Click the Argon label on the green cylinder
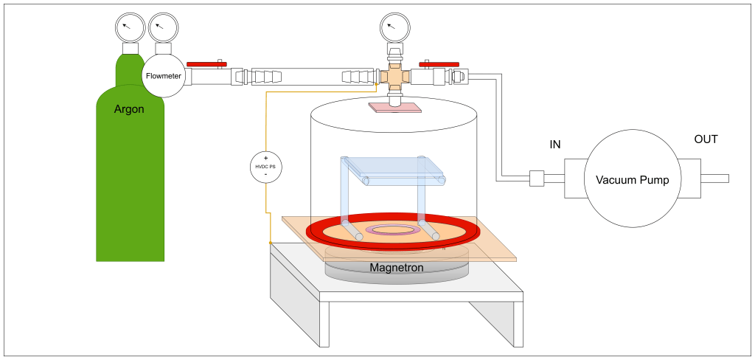click(x=129, y=109)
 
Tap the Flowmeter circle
click(x=163, y=76)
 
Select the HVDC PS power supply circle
click(x=265, y=167)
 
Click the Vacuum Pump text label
click(x=632, y=180)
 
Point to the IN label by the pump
click(x=555, y=144)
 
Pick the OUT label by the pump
click(x=706, y=139)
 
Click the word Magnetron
click(x=397, y=267)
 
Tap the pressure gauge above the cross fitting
click(x=395, y=27)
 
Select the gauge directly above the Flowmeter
click(x=163, y=27)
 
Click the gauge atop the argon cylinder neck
click(x=130, y=27)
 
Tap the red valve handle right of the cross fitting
click(x=439, y=64)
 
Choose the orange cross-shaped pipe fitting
click(x=395, y=77)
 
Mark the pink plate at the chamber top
click(x=395, y=108)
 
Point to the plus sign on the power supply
click(x=265, y=158)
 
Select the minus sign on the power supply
click(x=265, y=174)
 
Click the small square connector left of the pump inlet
click(x=537, y=179)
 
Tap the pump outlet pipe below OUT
click(x=714, y=179)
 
